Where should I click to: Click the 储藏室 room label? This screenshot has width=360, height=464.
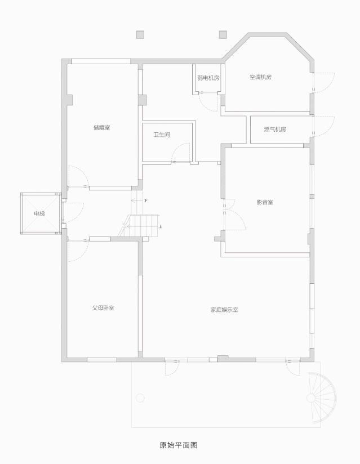(x=101, y=128)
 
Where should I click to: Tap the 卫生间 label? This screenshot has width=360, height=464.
(x=162, y=135)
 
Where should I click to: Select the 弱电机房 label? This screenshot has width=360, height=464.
(x=208, y=78)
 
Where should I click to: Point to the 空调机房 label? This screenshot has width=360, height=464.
(x=260, y=77)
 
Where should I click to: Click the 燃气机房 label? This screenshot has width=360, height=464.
(x=275, y=130)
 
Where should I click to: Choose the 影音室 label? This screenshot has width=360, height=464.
(x=265, y=202)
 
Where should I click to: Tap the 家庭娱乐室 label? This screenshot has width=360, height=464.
(x=224, y=310)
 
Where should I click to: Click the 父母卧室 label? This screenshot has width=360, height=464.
(x=104, y=308)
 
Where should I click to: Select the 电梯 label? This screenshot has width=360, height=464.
(x=39, y=214)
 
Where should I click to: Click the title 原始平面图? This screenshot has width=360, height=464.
(x=178, y=445)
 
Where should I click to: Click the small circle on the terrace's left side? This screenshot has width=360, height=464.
(x=140, y=398)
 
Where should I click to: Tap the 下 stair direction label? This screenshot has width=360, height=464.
(x=145, y=200)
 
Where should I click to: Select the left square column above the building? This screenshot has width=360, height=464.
(x=140, y=35)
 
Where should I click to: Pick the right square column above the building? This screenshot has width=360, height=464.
(x=223, y=35)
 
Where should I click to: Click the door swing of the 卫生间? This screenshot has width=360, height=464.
(x=181, y=153)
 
